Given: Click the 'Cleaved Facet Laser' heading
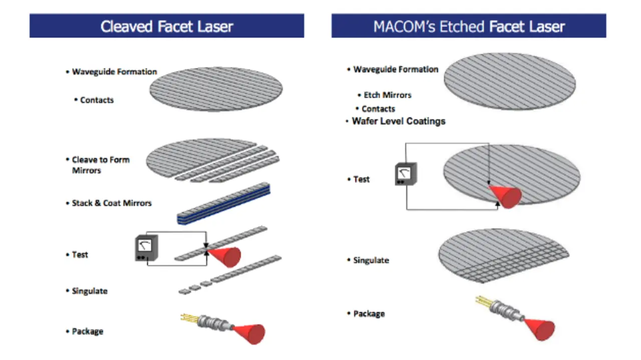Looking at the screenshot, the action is click(167, 27).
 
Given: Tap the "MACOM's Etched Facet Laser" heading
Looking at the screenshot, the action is click(469, 27).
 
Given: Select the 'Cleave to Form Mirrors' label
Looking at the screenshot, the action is click(101, 165).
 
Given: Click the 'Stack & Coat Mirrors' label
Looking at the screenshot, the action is click(112, 203).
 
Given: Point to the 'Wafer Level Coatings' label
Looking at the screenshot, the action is click(399, 121).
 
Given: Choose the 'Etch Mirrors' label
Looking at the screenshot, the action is click(388, 95).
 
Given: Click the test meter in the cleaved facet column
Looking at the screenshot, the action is click(146, 248).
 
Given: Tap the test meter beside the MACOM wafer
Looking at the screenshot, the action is click(406, 174).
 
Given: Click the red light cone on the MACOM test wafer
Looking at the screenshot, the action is click(506, 196).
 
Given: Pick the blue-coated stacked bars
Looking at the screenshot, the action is click(223, 204).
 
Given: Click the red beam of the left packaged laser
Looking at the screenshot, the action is click(249, 334).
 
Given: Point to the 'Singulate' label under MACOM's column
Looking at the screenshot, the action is click(371, 260).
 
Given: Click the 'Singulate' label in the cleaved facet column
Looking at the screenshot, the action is click(90, 291).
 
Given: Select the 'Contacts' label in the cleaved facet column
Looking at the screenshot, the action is click(97, 100).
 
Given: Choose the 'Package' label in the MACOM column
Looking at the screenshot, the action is click(369, 313).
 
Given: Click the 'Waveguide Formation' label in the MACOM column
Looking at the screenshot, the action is click(396, 69).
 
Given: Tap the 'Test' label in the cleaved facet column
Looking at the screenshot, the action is click(80, 254).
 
